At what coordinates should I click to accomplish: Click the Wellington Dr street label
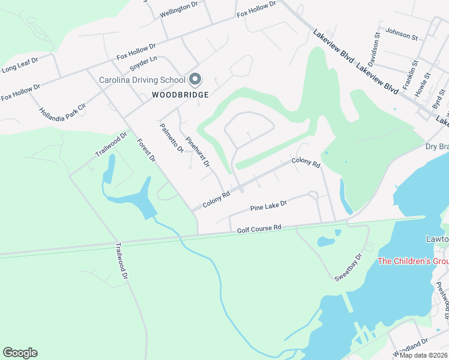tap(178, 7)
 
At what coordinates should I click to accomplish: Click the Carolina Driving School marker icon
tap(194, 79)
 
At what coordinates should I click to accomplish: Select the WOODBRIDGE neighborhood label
tap(180, 95)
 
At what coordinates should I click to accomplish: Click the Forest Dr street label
tap(146, 150)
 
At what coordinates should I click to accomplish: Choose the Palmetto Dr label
tap(171, 138)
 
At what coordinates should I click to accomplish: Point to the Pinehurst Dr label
tap(197, 151)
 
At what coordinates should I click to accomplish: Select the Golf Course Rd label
tap(259, 229)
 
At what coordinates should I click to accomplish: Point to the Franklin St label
tap(410, 75)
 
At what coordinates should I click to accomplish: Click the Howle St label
tap(426, 85)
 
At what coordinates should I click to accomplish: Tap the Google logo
tap(20, 353)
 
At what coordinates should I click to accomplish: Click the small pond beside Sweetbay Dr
tap(326, 241)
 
